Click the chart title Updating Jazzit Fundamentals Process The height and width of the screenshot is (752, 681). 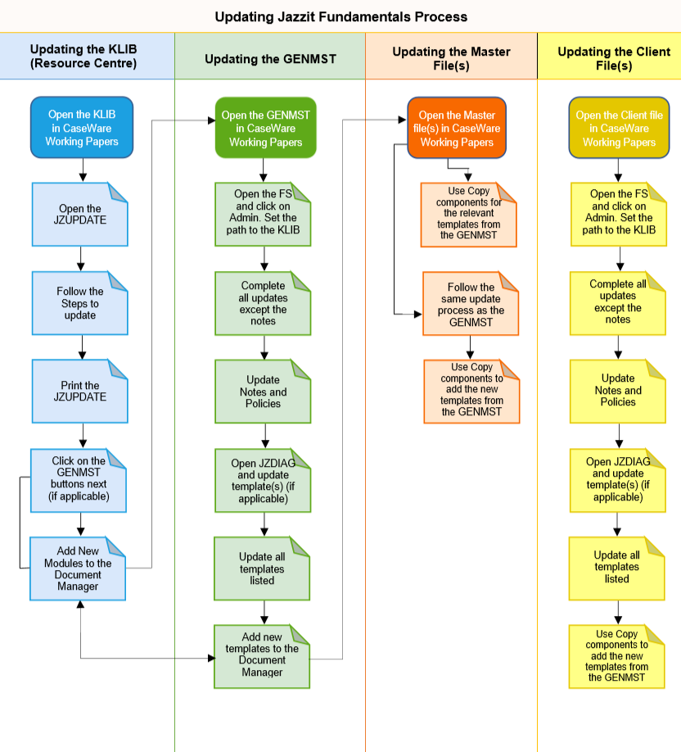340,16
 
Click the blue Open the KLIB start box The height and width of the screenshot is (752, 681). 82,128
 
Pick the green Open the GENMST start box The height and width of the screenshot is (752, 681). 265,128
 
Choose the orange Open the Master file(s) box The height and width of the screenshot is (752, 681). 457,128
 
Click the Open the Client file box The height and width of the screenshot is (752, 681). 619,128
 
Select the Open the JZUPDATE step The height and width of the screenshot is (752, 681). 80,215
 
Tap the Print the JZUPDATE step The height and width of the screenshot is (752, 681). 80,392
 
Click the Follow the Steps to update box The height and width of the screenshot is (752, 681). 80,303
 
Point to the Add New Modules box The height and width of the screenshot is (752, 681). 78,569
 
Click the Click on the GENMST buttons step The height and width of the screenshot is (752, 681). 79,481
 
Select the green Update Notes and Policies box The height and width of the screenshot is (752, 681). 263,392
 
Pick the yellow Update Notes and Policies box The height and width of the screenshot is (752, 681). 618,392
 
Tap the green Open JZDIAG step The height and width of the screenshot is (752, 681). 263,481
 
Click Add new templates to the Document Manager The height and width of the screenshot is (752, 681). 262,656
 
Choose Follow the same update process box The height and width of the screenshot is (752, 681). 471,304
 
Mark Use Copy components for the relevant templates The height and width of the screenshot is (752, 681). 469,215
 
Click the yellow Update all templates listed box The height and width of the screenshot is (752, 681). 617,569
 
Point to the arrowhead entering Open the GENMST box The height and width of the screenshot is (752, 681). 211,120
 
